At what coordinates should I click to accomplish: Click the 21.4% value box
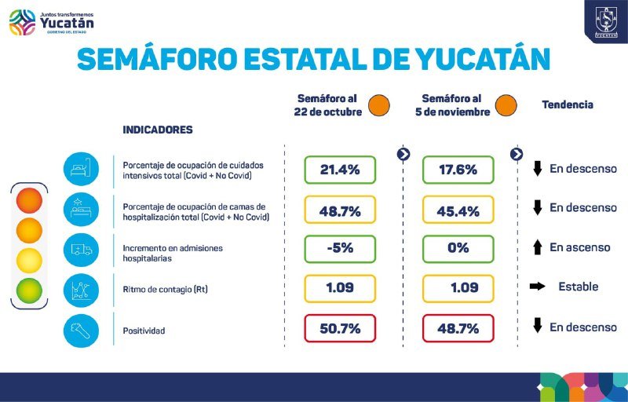340,170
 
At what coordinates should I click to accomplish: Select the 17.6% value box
458,170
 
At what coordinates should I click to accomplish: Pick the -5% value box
340,248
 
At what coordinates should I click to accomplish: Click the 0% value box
458,248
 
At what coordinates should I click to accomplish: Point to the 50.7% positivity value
340,329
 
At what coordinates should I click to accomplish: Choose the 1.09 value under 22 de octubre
340,288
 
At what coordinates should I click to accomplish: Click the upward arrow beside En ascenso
538,248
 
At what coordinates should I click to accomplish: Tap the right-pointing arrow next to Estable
538,287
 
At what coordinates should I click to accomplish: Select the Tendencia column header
568,104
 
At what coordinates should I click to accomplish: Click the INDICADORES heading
158,130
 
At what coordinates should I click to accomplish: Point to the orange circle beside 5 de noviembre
506,104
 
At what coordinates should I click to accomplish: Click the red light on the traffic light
29,201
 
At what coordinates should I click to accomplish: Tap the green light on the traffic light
29,291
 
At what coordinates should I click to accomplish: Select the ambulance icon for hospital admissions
81,250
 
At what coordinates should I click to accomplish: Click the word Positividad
144,331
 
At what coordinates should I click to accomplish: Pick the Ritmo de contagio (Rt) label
165,290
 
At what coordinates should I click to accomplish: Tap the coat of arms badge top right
605,20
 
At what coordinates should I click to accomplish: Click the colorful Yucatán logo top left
52,21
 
